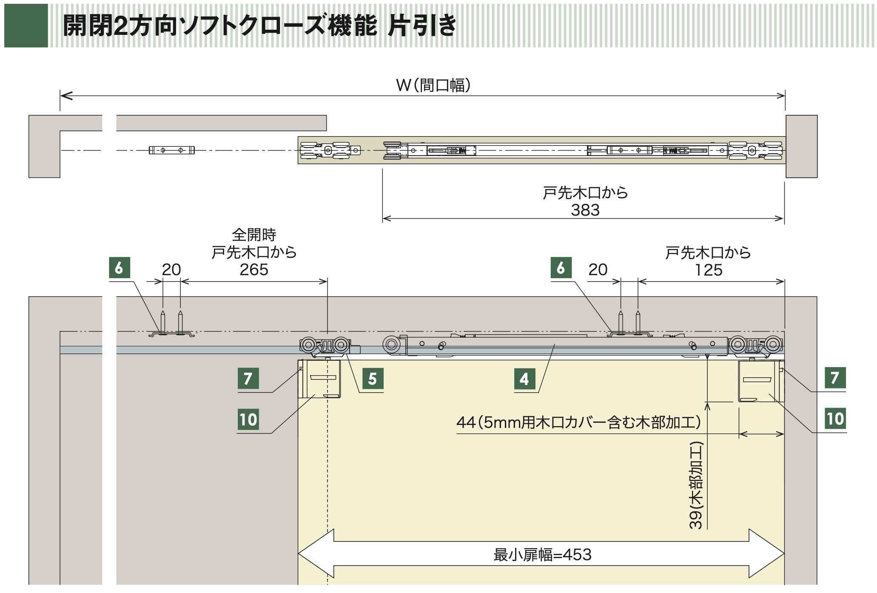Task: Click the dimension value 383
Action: click(x=585, y=210)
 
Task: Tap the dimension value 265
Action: click(x=254, y=270)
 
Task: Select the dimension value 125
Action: click(x=709, y=270)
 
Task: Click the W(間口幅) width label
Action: click(x=433, y=86)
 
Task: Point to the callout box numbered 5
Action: click(x=373, y=379)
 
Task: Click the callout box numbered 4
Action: click(x=524, y=379)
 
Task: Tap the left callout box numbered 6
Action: click(x=120, y=268)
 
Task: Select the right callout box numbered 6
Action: click(x=561, y=268)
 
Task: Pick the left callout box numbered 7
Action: click(x=248, y=378)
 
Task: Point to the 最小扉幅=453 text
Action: click(x=542, y=555)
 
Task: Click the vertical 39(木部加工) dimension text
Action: click(x=696, y=485)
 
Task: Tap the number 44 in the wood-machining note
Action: click(x=466, y=422)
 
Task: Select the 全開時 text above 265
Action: click(x=254, y=235)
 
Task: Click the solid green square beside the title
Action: click(x=26, y=26)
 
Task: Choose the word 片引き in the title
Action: click(x=422, y=26)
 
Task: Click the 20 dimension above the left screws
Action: click(x=171, y=270)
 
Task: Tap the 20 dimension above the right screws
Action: click(x=598, y=270)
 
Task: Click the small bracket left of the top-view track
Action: click(x=172, y=150)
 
